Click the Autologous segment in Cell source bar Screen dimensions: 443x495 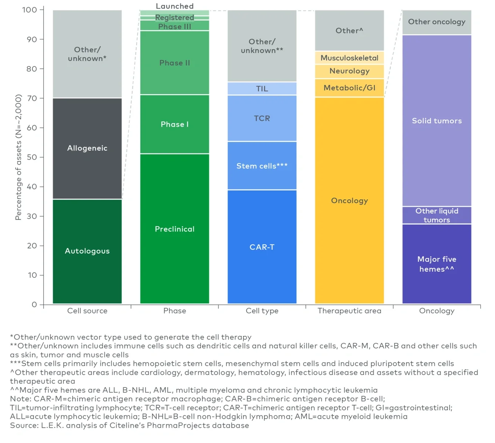pyautogui.click(x=87, y=251)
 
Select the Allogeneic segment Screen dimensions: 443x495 pyautogui.click(x=87, y=148)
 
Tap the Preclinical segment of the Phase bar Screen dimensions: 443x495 pyautogui.click(x=174, y=229)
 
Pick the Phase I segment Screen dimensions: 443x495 pyautogui.click(x=174, y=124)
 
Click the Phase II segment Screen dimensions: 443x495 pyautogui.click(x=174, y=63)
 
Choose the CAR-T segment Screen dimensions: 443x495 pyautogui.click(x=262, y=247)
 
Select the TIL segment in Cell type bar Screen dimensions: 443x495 pyautogui.click(x=262, y=89)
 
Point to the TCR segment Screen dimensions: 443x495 pyautogui.click(x=262, y=118)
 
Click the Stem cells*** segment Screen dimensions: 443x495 pyautogui.click(x=262, y=166)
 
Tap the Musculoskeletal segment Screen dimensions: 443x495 pyautogui.click(x=349, y=58)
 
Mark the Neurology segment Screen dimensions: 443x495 pyautogui.click(x=349, y=71)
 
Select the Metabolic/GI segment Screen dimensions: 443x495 pyautogui.click(x=349, y=88)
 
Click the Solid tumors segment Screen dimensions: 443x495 pyautogui.click(x=437, y=121)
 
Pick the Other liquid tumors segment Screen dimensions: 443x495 pyautogui.click(x=437, y=215)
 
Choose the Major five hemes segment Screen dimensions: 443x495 pyautogui.click(x=437, y=264)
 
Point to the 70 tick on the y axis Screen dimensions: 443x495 pyautogui.click(x=32, y=98)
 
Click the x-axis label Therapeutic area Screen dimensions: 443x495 pyautogui.click(x=349, y=311)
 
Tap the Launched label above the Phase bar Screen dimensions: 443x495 pyautogui.click(x=174, y=6)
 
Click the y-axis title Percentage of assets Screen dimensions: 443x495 pyautogui.click(x=18, y=157)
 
